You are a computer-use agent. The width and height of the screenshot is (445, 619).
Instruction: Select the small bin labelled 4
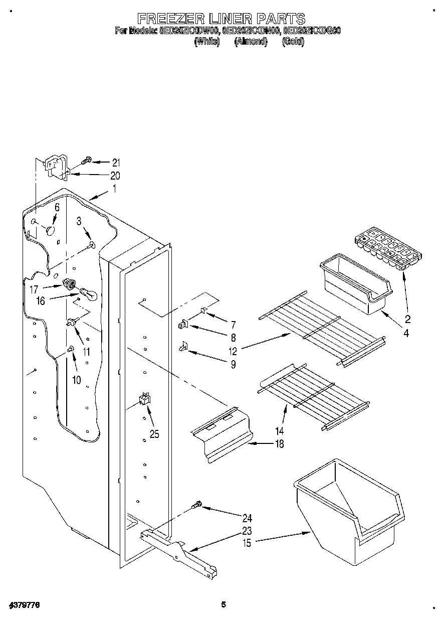[x=355, y=286]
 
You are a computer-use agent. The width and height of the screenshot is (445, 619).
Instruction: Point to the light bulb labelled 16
[x=86, y=293]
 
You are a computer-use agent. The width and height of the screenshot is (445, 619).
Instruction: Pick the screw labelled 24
[x=197, y=504]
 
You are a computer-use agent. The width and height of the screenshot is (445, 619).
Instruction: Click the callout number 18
[x=280, y=443]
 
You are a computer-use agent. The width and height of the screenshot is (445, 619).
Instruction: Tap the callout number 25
[x=154, y=434]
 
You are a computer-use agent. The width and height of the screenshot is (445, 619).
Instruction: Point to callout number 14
[x=279, y=431]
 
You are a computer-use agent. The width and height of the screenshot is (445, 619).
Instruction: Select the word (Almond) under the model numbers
[x=251, y=42]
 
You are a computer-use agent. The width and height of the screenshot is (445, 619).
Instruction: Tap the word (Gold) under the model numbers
[x=293, y=42]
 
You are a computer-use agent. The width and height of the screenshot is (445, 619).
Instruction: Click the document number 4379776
[x=24, y=605]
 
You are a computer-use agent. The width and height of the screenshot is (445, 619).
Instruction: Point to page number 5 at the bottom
[x=224, y=605]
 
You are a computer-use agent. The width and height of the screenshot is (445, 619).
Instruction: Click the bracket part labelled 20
[x=56, y=166]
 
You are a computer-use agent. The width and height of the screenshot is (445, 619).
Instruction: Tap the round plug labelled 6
[x=50, y=230]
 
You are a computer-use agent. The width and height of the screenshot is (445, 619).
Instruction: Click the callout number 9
[x=233, y=365]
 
